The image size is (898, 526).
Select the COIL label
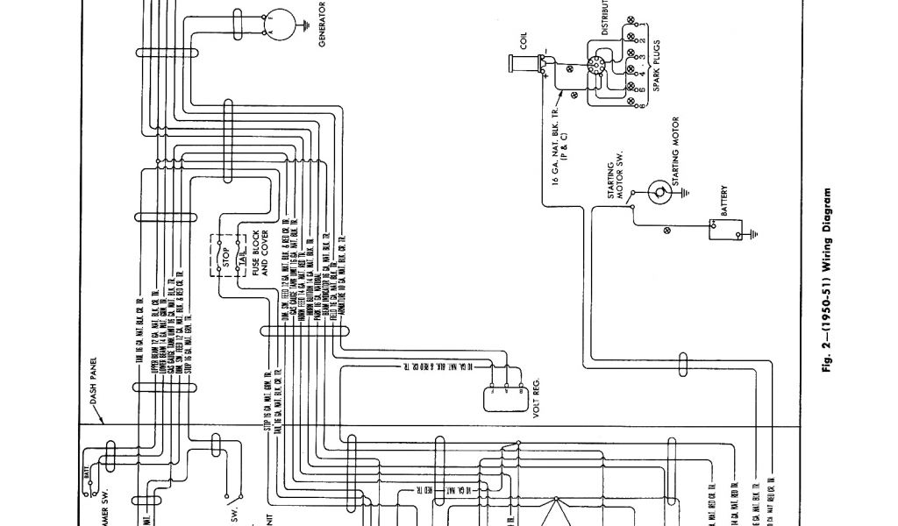524,41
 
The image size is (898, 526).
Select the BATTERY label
724,202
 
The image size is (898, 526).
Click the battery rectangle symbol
724,229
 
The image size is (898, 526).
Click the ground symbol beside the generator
303,25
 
